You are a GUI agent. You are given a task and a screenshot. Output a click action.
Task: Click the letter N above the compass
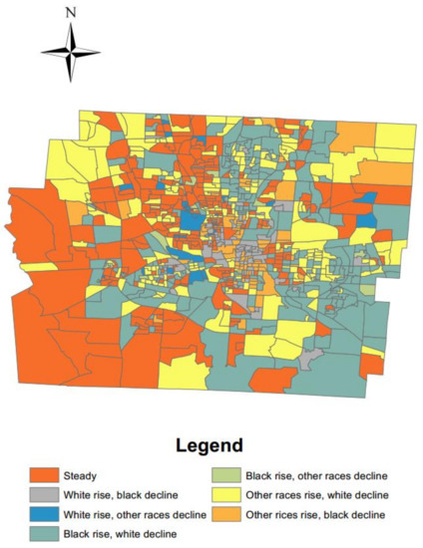tap(70, 13)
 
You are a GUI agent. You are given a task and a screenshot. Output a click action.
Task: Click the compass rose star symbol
tap(70, 52)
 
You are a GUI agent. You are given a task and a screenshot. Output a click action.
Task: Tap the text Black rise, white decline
tap(134, 535)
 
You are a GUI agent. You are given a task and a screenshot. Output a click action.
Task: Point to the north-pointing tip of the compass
tap(70, 27)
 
